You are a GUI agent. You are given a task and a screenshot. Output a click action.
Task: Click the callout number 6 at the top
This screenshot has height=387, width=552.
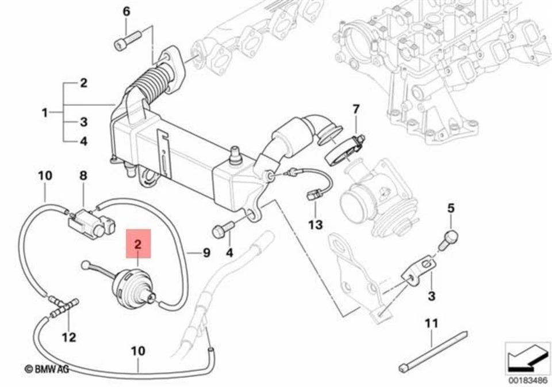pyautogui.click(x=127, y=11)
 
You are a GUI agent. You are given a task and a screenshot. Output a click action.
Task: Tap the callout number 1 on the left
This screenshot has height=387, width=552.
pyautogui.click(x=45, y=113)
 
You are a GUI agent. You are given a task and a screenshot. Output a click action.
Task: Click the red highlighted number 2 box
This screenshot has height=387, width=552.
pyautogui.click(x=138, y=242)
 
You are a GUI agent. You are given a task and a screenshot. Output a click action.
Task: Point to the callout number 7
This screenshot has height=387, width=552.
pyautogui.click(x=356, y=109)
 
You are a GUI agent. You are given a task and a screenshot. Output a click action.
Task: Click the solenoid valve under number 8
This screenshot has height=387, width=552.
pyautogui.click(x=90, y=221)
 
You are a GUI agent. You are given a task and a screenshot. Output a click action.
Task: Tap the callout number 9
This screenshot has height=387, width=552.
pyautogui.click(x=206, y=252)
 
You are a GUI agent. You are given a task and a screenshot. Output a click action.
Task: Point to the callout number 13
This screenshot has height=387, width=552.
pyautogui.click(x=315, y=224)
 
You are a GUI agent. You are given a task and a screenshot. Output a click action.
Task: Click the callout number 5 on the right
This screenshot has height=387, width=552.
pyautogui.click(x=451, y=207)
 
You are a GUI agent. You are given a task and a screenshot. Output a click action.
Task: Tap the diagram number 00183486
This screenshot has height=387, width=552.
pyautogui.click(x=524, y=378)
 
